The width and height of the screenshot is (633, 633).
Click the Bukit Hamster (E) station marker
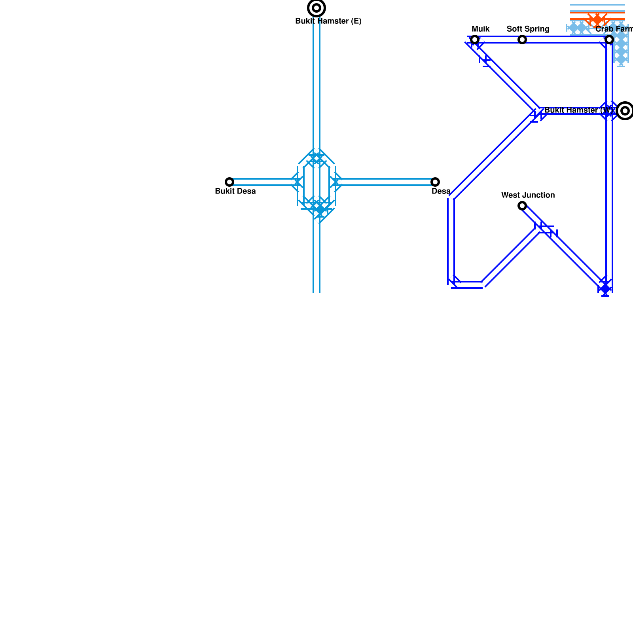(316, 8)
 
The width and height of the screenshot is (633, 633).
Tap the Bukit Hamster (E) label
(328, 21)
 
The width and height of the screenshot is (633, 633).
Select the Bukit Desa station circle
(229, 182)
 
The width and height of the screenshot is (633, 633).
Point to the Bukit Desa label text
(235, 191)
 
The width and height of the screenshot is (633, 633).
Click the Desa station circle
(435, 182)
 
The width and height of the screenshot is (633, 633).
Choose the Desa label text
(441, 191)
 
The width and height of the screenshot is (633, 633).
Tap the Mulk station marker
(475, 40)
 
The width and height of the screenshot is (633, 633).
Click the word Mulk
(481, 29)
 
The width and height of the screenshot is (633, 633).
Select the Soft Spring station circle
(522, 40)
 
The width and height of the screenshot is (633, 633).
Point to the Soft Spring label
(528, 29)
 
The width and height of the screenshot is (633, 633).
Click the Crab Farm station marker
(609, 40)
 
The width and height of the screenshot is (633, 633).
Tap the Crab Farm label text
(614, 29)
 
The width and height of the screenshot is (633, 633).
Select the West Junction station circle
(522, 206)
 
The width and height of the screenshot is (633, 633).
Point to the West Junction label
(528, 195)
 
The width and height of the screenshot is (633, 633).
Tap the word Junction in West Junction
(540, 195)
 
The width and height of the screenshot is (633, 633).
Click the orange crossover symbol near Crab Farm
(597, 19)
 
